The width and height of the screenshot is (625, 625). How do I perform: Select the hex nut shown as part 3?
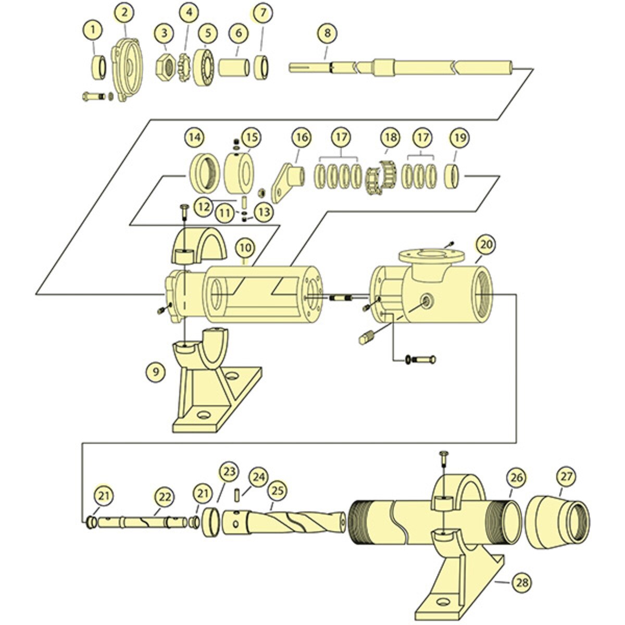coord(165,67)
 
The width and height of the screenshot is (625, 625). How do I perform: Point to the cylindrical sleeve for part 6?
coord(234,68)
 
